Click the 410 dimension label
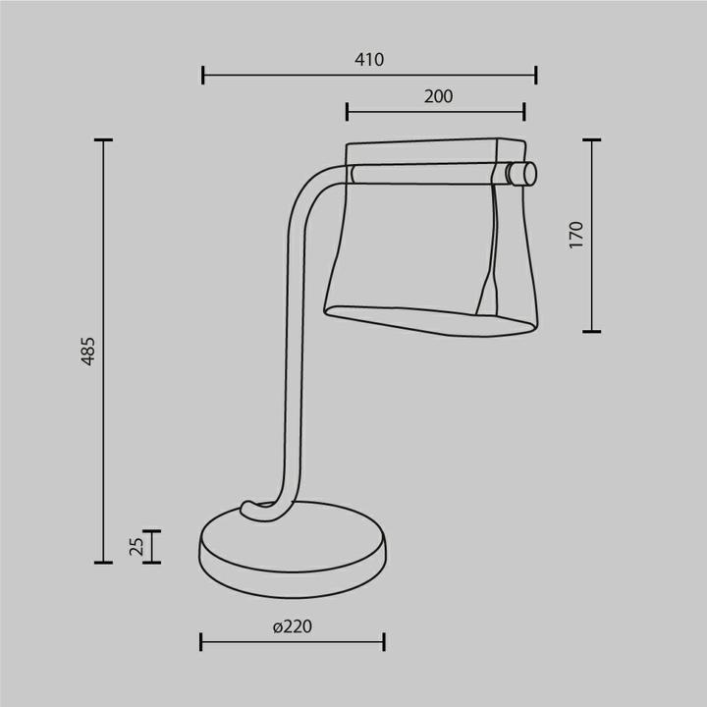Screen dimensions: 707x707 [x=368, y=60]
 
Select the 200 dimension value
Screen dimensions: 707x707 [x=438, y=96]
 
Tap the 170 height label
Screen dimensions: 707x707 [x=576, y=234]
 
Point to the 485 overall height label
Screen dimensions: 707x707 [x=88, y=351]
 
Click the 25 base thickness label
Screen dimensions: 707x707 [x=137, y=546]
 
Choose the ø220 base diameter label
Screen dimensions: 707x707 [x=292, y=626]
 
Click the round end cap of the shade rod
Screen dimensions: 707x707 [x=528, y=174]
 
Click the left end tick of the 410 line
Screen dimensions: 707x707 [x=203, y=74]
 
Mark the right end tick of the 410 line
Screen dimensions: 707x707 [x=536, y=74]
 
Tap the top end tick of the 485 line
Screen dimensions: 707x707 [x=103, y=140]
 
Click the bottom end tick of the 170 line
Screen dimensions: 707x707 [x=591, y=331]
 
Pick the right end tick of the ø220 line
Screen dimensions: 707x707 [x=384, y=642]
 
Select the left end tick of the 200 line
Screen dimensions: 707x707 [x=348, y=111]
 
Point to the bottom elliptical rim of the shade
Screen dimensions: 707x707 [x=432, y=322]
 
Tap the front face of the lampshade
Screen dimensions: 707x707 [x=412, y=245]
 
